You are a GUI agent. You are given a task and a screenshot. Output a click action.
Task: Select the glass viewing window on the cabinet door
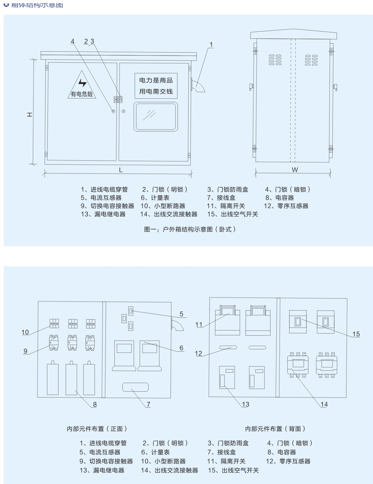156,117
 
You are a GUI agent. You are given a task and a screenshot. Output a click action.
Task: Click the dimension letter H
30,114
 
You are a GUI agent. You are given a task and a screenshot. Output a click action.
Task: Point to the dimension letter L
121,170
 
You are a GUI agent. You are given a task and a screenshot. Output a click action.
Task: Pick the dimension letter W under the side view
295,170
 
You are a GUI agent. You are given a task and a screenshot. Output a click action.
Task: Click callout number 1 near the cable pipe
211,45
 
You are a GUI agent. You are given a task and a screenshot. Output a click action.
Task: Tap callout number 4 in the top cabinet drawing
72,41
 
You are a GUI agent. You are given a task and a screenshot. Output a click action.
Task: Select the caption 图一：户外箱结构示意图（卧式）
190,229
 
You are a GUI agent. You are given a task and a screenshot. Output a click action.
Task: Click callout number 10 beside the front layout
25,332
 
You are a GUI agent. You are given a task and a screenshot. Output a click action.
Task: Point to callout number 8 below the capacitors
95,404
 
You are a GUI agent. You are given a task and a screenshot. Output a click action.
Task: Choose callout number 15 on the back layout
356,334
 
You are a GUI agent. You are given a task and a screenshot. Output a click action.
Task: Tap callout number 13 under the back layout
245,404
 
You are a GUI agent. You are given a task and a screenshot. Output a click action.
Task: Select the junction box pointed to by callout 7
135,387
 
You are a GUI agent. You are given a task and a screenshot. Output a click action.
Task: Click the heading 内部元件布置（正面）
97,429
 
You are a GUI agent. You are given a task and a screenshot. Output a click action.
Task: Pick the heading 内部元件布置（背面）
275,429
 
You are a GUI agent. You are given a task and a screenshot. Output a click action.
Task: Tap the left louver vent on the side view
275,60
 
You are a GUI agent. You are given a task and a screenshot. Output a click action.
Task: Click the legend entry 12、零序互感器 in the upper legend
286,206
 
